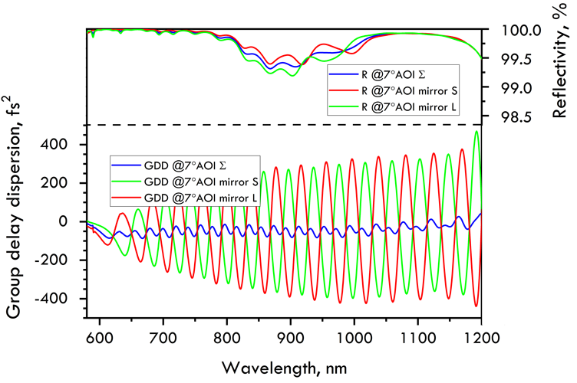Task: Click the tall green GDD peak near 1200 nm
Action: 476,133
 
